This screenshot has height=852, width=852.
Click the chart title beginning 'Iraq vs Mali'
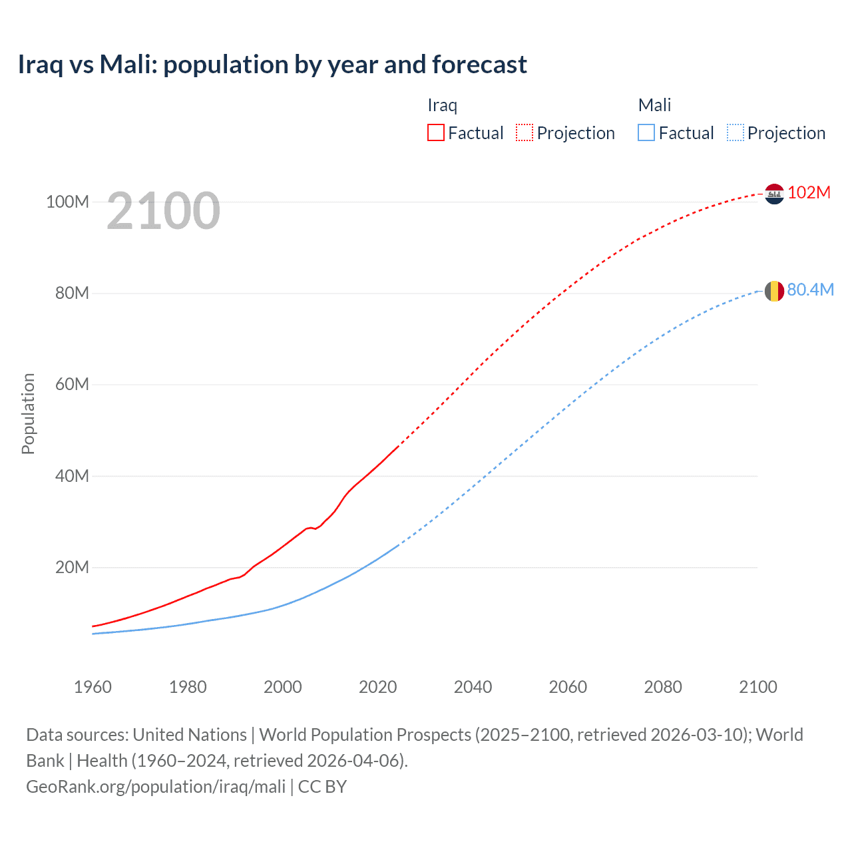tap(272, 65)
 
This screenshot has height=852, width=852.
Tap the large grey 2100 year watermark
tap(163, 211)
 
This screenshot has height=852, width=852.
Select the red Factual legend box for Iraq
tap(435, 132)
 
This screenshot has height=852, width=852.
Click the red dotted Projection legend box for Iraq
tap(525, 132)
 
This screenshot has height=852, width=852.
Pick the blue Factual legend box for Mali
tap(646, 132)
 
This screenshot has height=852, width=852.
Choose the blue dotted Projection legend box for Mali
tap(736, 132)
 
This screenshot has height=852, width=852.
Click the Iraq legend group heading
tap(442, 105)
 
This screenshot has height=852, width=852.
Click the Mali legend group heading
tap(654, 105)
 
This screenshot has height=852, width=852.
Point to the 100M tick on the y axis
tap(67, 202)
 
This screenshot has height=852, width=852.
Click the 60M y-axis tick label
tap(71, 384)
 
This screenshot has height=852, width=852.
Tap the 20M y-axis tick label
tap(71, 567)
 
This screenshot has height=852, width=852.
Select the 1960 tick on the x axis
tap(93, 687)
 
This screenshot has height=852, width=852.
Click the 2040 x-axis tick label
tap(473, 687)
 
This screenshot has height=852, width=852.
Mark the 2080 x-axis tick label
tap(663, 687)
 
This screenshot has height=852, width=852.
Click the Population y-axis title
tap(28, 413)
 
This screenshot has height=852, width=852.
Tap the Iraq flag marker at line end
tap(774, 194)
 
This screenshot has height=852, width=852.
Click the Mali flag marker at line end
tap(774, 291)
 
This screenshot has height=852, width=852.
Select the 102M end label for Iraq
tap(809, 192)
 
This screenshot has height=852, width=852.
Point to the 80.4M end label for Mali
tap(810, 290)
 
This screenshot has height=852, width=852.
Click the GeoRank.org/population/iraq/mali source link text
tap(156, 786)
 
